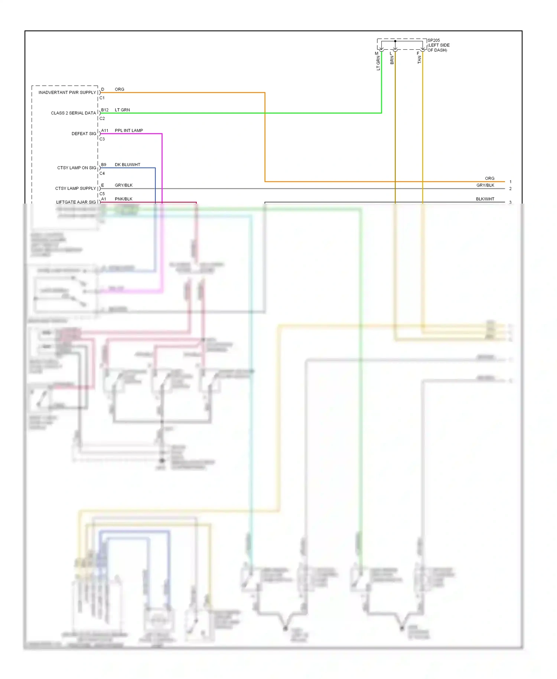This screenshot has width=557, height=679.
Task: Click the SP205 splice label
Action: (x=433, y=40)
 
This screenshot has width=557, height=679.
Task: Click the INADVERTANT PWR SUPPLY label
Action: (x=67, y=92)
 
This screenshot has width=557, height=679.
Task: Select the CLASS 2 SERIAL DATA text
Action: (x=73, y=113)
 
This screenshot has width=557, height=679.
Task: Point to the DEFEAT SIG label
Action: (x=84, y=134)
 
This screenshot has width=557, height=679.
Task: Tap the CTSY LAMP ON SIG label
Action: (x=76, y=168)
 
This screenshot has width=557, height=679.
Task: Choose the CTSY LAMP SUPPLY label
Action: (x=75, y=188)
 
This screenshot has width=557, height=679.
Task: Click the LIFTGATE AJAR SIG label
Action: (x=76, y=202)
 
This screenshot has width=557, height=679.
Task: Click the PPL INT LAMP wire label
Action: (x=128, y=130)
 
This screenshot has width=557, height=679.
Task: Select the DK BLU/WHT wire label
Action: (x=127, y=165)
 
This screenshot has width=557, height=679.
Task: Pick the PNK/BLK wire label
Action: (x=123, y=199)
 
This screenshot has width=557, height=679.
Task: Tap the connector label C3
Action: (x=102, y=139)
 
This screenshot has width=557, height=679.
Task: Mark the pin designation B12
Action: (x=105, y=110)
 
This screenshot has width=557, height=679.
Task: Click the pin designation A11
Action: (x=105, y=130)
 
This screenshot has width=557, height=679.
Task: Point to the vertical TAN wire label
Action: (x=420, y=60)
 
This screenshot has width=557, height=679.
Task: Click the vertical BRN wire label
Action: (x=392, y=60)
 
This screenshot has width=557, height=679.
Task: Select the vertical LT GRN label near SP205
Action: (x=378, y=63)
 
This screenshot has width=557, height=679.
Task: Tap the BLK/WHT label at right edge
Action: (x=485, y=199)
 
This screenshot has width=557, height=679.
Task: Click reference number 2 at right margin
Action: (x=510, y=189)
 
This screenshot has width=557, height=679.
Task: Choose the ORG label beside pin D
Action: (x=119, y=90)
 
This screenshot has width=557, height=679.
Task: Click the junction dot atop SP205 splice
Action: (x=395, y=41)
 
